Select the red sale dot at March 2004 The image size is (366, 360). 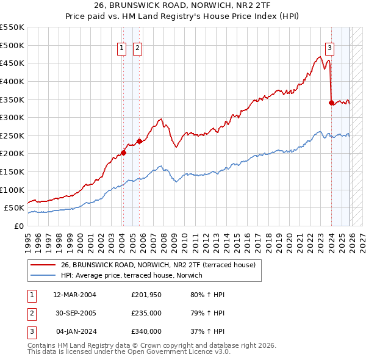pyautogui.click(x=123, y=153)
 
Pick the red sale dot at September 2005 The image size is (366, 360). pyautogui.click(x=139, y=141)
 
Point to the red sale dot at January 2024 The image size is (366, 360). pyautogui.click(x=331, y=103)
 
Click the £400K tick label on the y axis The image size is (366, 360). pyautogui.click(x=12, y=81)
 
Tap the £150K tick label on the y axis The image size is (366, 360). pyautogui.click(x=12, y=171)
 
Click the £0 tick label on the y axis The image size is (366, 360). pyautogui.click(x=18, y=226)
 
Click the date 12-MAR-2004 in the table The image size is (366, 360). pyautogui.click(x=74, y=295)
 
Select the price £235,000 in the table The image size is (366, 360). pyautogui.click(x=146, y=313)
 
